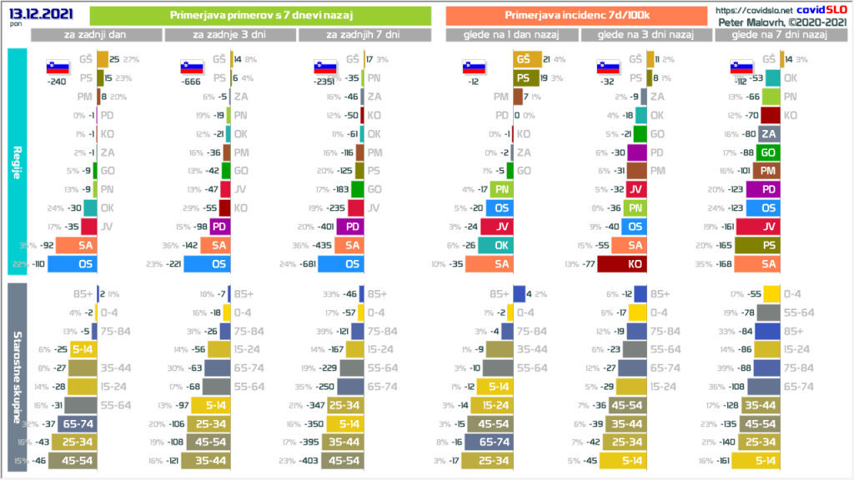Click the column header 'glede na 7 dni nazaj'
[777, 35]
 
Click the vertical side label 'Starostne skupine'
[17, 375]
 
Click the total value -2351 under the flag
[320, 82]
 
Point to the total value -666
[190, 82]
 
